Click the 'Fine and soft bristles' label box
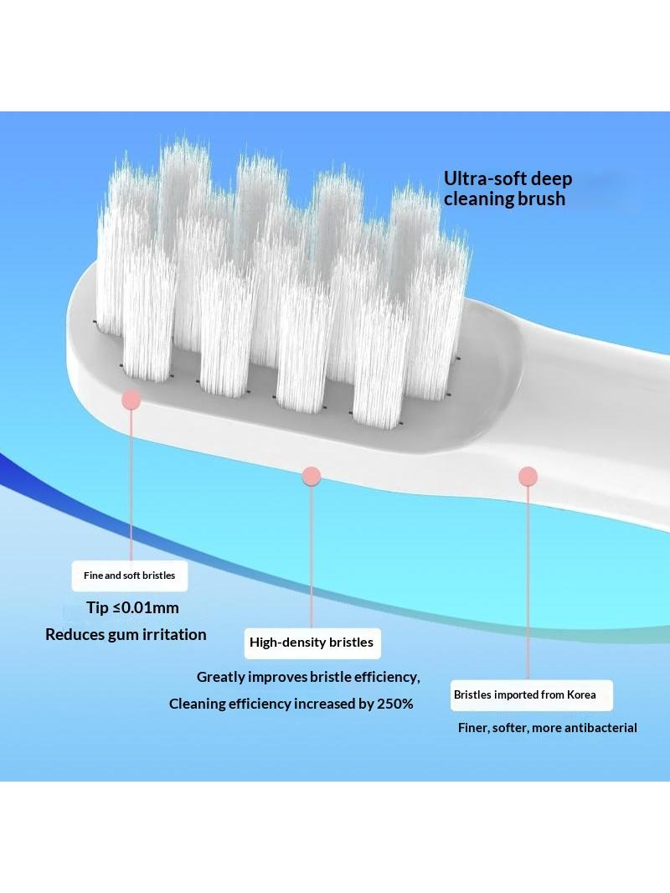click(x=130, y=576)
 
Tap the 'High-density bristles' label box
click(x=312, y=643)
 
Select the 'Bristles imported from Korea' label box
click(x=532, y=695)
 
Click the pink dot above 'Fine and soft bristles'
click(x=131, y=400)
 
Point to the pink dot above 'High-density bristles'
click(x=312, y=476)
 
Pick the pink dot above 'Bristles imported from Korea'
click(x=528, y=476)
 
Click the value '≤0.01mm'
click(x=147, y=607)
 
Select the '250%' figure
click(x=395, y=704)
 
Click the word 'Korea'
click(x=581, y=694)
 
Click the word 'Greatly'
click(x=220, y=678)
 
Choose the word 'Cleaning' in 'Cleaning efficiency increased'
click(x=197, y=705)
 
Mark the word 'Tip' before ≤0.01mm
click(x=97, y=608)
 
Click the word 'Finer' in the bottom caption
click(x=473, y=728)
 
